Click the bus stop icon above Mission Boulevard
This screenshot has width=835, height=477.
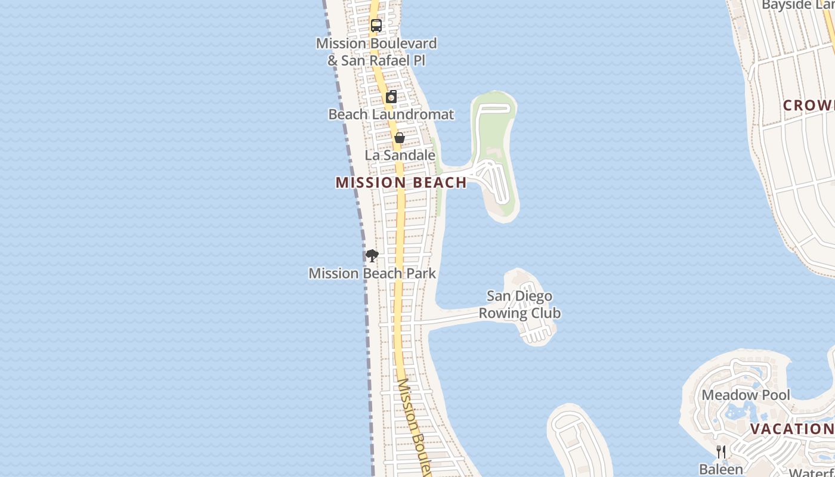[x=376, y=26]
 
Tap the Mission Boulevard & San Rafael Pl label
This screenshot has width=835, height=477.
[x=376, y=52]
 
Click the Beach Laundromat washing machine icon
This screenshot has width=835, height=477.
[x=391, y=97]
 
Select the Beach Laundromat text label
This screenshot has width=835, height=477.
[x=391, y=114]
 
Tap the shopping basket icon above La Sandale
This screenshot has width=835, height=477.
[x=400, y=138]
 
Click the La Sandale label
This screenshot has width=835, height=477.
[x=400, y=155]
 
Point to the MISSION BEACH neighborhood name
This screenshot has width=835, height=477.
[x=401, y=182]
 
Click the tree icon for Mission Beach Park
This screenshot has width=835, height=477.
[x=372, y=256]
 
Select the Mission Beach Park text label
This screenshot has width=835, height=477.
[x=372, y=273]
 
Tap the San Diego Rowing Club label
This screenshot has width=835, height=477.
[x=519, y=304]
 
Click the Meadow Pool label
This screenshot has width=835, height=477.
[x=746, y=395]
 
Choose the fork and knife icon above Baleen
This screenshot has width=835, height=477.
[x=721, y=451]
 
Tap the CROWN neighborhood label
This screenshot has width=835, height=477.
[x=809, y=106]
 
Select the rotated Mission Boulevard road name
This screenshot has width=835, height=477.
[x=413, y=426]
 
